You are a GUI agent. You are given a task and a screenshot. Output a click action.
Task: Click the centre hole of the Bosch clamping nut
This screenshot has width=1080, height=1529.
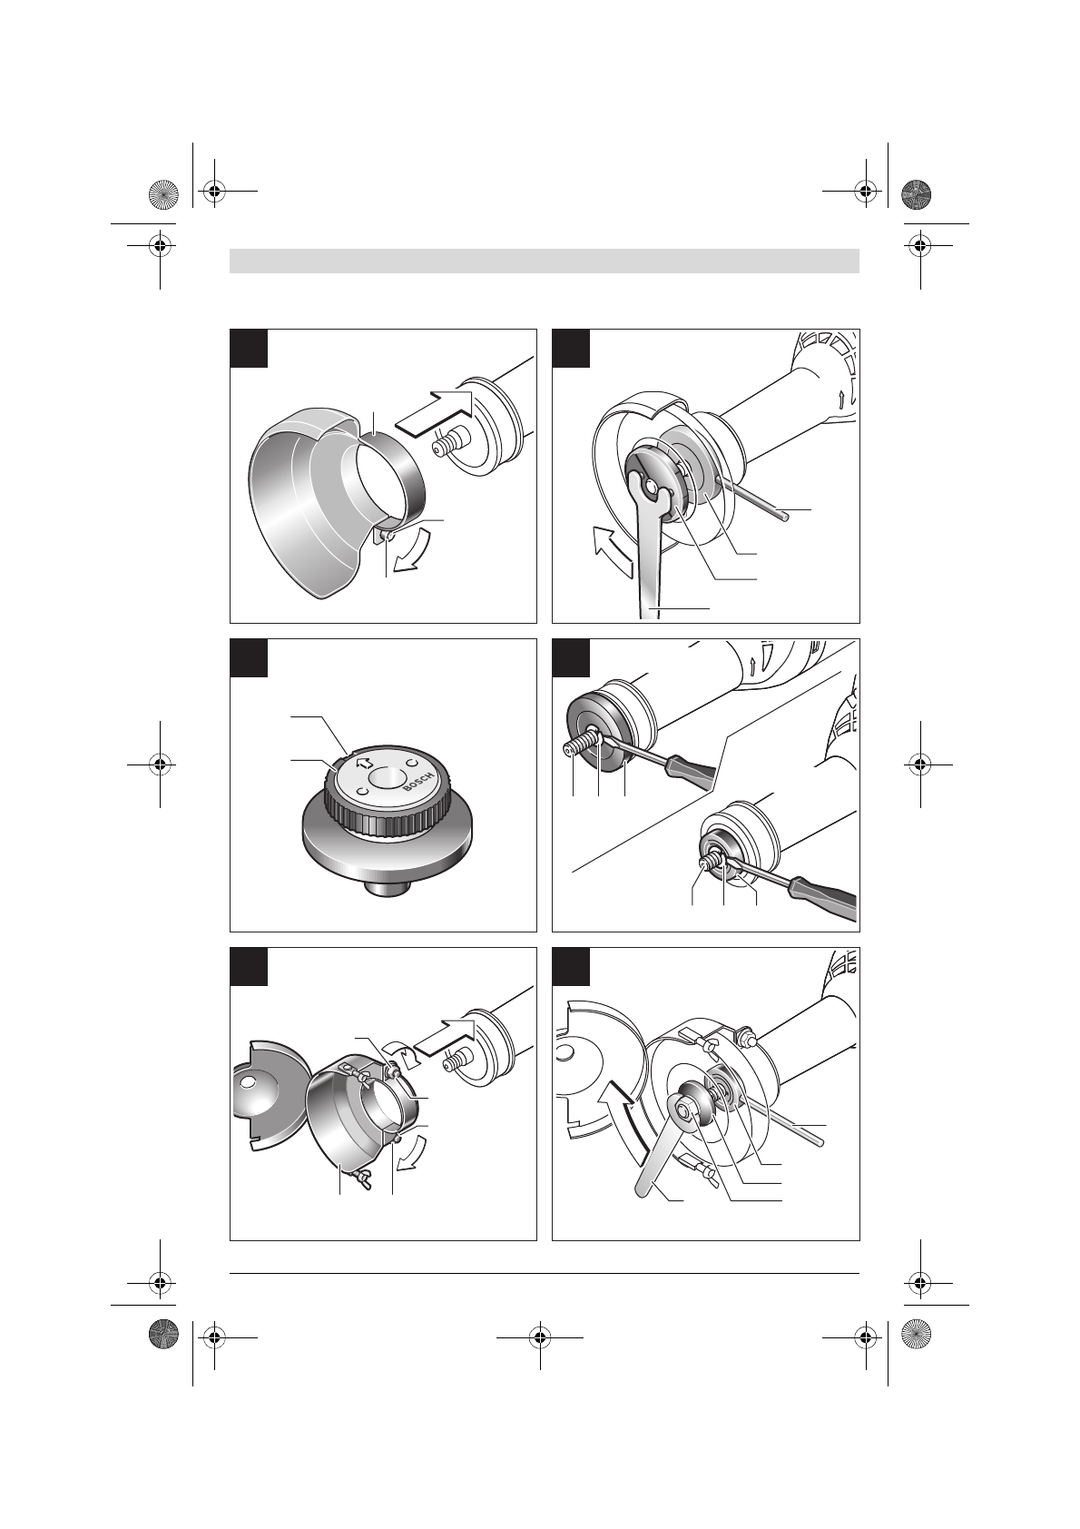[386, 777]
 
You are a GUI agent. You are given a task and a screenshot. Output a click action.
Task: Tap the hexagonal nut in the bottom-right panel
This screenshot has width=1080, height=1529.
[684, 1120]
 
